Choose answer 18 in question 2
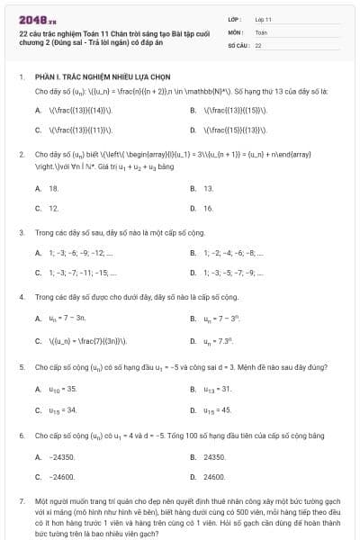tap(54, 188)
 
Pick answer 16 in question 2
tap(208, 208)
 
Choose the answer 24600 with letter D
tap(213, 476)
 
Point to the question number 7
tap(22, 499)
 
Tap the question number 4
tap(22, 296)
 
